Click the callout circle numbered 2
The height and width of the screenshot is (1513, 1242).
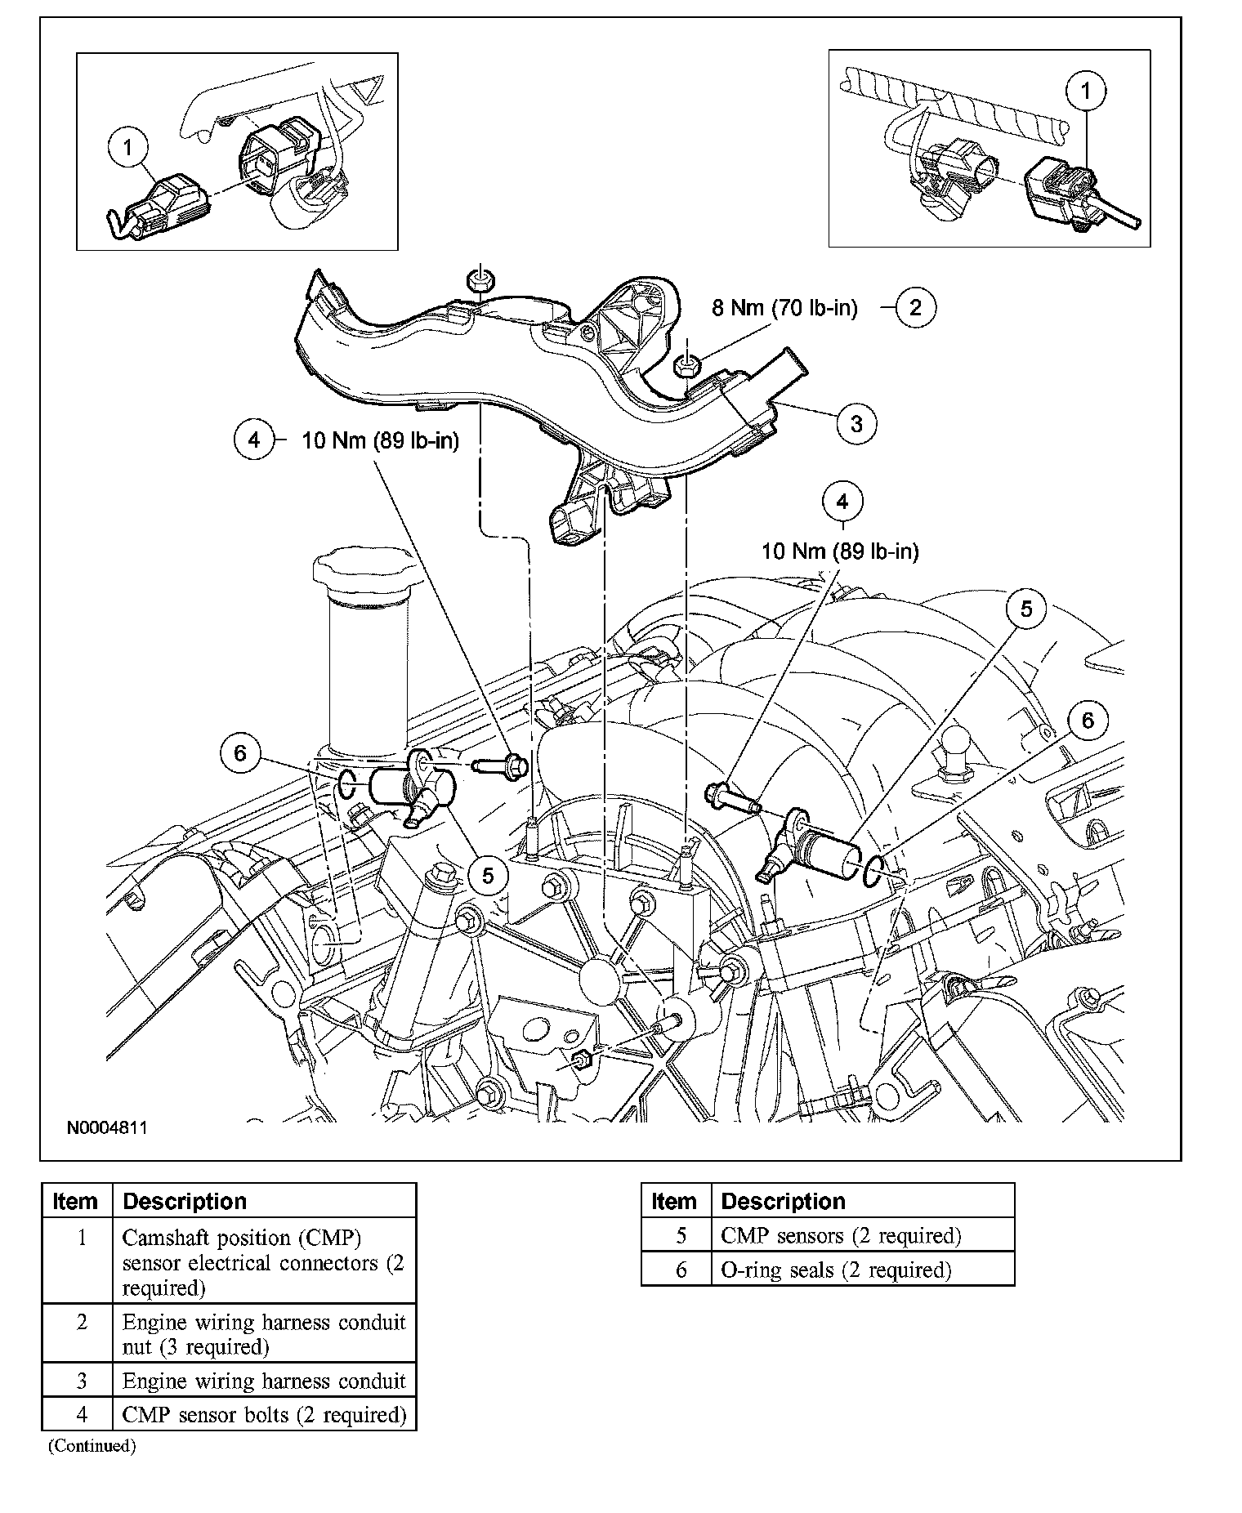coord(914,307)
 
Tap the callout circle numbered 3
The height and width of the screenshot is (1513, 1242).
coord(856,423)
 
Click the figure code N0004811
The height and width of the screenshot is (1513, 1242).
coord(107,1128)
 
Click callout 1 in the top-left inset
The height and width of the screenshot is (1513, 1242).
coord(128,148)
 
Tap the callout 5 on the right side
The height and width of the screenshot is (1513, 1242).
coord(1026,609)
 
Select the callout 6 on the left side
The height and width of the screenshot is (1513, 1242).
coord(239,752)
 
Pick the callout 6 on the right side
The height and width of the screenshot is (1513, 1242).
coord(1088,720)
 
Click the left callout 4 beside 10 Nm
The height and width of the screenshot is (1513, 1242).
coord(254,440)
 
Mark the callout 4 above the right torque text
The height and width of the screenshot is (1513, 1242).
coord(842,501)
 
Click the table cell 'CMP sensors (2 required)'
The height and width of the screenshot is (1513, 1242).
coord(841,1236)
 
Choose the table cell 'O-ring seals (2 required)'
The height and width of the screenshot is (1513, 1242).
coord(836,1270)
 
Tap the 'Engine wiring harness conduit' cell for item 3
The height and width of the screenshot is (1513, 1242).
coord(264,1381)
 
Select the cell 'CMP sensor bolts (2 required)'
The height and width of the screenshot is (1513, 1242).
coord(264,1414)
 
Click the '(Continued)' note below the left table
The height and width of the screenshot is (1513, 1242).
coord(92,1446)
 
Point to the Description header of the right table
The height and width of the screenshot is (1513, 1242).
coord(783,1202)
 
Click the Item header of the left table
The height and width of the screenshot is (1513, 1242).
coord(75,1202)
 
